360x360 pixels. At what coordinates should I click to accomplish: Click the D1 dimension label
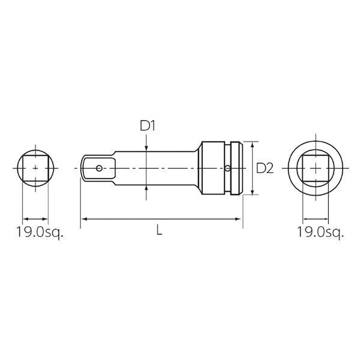click(148, 126)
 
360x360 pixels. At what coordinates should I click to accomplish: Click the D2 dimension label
click(265, 168)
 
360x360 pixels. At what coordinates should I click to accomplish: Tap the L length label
click(159, 230)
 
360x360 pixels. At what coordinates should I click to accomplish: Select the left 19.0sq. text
click(40, 232)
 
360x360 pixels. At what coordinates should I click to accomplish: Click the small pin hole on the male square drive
click(99, 169)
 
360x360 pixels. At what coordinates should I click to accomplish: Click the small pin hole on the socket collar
click(227, 168)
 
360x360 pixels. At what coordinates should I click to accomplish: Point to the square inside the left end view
click(35, 168)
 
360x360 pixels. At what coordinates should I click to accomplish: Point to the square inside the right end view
click(316, 168)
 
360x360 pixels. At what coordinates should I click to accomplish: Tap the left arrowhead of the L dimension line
click(85, 219)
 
